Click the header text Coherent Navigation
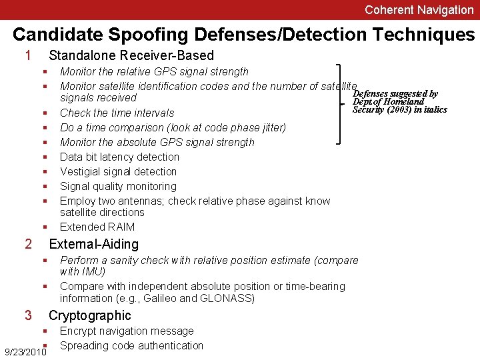(x=419, y=10)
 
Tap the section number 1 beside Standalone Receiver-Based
(x=28, y=55)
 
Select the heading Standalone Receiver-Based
(x=131, y=55)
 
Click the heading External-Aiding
(x=94, y=244)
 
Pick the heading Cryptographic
(x=90, y=315)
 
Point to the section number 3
(x=28, y=315)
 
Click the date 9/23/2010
(x=25, y=351)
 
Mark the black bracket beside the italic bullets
(x=341, y=103)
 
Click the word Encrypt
(x=79, y=331)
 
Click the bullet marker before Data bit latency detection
(x=45, y=157)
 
